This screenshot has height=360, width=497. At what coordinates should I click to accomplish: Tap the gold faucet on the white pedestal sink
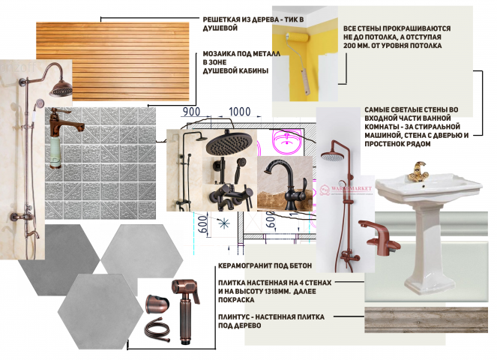[418, 172]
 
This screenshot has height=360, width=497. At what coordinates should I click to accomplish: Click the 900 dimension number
[191, 112]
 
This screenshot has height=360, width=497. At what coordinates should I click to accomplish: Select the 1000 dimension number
[240, 112]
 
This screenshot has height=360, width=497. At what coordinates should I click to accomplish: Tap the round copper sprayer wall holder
[155, 304]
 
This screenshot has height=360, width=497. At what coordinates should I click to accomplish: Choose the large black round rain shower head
[229, 142]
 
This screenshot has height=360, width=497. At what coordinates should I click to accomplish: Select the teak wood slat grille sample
[112, 61]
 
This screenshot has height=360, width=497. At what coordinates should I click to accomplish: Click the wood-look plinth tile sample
[426, 319]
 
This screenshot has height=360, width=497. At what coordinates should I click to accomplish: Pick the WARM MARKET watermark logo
[346, 189]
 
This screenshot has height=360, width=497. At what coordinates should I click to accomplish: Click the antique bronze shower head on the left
[61, 88]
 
